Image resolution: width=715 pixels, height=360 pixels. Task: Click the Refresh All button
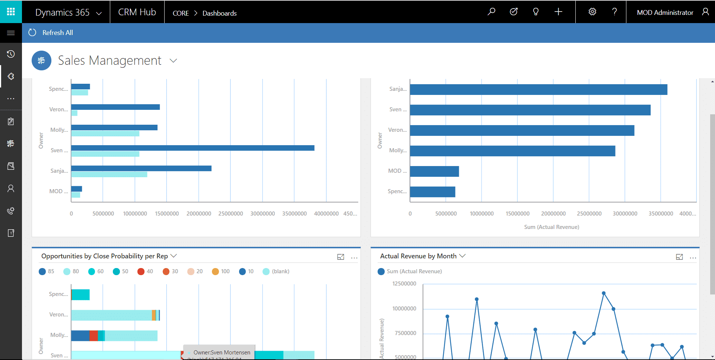(x=51, y=33)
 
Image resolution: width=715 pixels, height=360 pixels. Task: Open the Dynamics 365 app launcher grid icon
(x=11, y=12)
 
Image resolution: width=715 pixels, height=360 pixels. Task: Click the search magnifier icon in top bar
(x=491, y=12)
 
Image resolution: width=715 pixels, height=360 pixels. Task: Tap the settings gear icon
(x=592, y=12)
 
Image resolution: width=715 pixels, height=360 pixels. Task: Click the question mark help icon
(x=614, y=12)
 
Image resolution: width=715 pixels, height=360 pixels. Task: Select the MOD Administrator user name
(x=665, y=13)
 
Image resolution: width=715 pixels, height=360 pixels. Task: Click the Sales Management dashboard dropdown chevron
(x=173, y=60)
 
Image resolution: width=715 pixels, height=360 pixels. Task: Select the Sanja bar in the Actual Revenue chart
(x=538, y=89)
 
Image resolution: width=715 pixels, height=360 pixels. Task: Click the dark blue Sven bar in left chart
(x=193, y=148)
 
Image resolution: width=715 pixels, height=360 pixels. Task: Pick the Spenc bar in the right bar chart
(x=432, y=192)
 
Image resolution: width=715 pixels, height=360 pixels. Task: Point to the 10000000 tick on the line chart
(x=404, y=309)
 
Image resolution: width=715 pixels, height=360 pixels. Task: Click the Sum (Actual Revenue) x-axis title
(x=551, y=227)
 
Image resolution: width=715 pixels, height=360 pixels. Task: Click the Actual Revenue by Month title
(x=418, y=256)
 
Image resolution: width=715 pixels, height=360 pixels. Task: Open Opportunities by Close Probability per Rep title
(x=104, y=256)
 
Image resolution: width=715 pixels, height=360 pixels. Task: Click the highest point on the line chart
(x=603, y=293)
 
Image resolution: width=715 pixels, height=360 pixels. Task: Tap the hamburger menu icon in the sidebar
(x=11, y=33)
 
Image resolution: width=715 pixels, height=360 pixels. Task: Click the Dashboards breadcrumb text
(x=219, y=13)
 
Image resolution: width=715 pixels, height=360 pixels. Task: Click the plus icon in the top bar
(x=558, y=12)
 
